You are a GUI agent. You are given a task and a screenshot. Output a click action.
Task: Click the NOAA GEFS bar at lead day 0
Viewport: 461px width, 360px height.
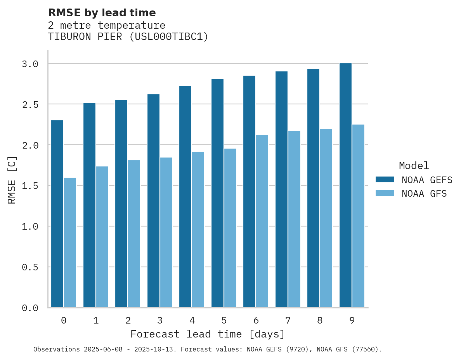tap(57, 214)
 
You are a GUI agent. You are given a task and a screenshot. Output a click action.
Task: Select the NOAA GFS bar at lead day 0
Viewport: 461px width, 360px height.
tap(70, 242)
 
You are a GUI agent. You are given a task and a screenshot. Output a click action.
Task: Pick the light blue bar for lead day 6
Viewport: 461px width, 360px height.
tap(262, 221)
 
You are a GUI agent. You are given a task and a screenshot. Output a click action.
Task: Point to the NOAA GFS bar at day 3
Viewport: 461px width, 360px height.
tap(166, 232)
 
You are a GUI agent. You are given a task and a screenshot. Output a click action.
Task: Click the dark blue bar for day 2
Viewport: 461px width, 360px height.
tap(121, 204)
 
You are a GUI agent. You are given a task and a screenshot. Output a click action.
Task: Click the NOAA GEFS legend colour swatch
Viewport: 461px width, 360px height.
tap(385, 180)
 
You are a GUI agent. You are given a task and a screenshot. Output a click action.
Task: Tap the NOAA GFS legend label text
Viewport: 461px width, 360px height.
tap(424, 194)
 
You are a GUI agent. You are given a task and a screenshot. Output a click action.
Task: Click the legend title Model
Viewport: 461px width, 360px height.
tap(414, 166)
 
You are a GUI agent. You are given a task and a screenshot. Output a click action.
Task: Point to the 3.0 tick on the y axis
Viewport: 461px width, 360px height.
tap(30, 64)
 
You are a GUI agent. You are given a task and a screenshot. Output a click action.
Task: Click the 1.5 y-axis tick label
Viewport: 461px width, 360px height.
tap(30, 186)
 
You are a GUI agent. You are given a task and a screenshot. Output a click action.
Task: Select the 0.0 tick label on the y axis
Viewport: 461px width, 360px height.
tap(30, 308)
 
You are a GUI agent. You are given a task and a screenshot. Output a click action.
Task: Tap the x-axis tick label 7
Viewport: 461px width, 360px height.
tap(288, 320)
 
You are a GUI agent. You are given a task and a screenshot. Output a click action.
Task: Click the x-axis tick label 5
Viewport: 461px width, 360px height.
tap(224, 320)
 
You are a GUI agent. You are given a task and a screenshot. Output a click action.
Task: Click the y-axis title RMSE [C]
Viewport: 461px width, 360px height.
tap(12, 180)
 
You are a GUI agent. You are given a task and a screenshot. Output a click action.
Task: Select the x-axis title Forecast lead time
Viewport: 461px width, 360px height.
tap(208, 334)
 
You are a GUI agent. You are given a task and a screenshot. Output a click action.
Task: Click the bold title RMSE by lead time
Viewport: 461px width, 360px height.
tap(102, 13)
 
